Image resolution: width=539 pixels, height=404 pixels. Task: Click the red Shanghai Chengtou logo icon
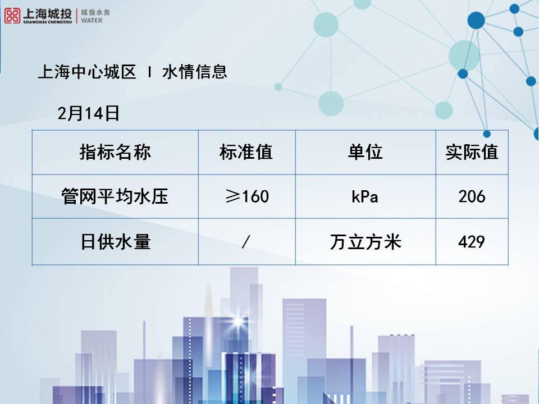point(12,15)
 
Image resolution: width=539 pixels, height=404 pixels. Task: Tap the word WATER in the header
point(92,20)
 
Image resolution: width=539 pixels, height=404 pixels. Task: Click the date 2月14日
point(89,114)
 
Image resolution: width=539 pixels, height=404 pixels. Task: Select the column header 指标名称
point(115,152)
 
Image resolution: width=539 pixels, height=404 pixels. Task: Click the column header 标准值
point(246,152)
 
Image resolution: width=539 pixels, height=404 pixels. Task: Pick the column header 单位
point(365,152)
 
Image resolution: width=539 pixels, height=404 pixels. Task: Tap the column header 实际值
point(472,152)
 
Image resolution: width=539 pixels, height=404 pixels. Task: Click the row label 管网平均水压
point(115,196)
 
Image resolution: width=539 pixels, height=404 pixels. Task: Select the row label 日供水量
point(115,242)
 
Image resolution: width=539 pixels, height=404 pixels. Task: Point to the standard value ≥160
point(246,196)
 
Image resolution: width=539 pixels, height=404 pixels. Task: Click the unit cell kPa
point(365,197)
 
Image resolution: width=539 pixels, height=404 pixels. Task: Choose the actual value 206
point(472,196)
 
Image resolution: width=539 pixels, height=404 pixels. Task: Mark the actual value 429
point(472,242)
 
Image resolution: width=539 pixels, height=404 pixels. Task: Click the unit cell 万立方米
point(365,242)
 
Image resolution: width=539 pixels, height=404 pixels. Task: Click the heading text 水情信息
point(195,72)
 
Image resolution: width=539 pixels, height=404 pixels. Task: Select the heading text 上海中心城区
point(87,72)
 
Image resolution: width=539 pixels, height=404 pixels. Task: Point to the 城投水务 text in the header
point(93,12)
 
